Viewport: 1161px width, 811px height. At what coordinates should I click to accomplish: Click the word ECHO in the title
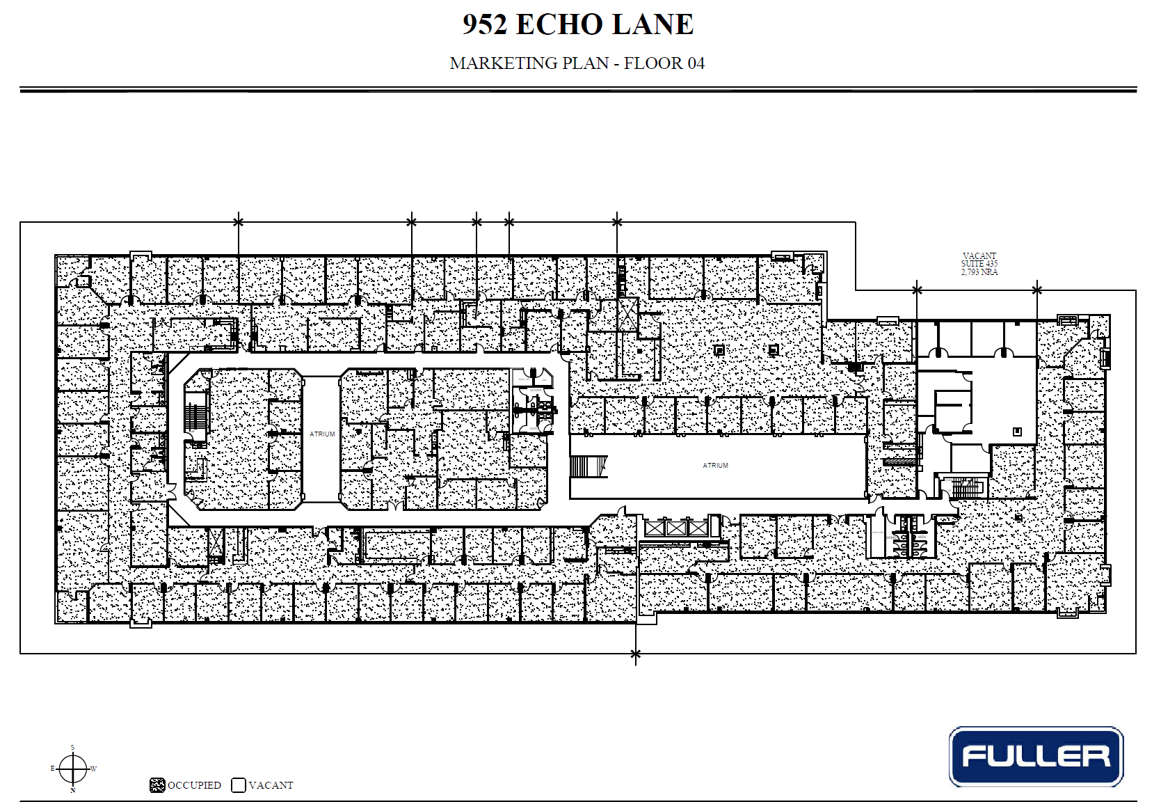(559, 24)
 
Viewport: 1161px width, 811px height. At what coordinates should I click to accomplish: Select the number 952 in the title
(485, 24)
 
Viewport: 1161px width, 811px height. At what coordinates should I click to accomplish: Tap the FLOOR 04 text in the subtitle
(664, 63)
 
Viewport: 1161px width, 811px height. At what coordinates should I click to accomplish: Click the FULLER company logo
(1036, 757)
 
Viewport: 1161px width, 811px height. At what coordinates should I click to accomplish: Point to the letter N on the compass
(72, 791)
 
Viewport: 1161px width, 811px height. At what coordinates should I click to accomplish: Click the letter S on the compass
(72, 748)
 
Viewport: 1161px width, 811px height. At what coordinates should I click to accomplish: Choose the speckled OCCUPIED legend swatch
(157, 785)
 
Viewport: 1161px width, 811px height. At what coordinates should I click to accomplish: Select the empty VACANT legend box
(239, 785)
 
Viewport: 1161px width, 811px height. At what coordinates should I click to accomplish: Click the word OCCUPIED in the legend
(194, 785)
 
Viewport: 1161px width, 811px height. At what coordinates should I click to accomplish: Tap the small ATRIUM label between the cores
(322, 434)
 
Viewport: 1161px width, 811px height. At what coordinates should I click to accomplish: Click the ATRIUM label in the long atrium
(715, 465)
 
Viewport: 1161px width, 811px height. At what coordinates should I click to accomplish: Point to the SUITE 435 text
(979, 264)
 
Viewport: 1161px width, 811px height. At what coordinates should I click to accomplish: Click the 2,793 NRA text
(979, 272)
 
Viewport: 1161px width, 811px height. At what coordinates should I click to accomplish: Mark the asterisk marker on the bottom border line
(635, 654)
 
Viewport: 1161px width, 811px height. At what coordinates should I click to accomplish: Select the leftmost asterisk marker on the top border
(239, 222)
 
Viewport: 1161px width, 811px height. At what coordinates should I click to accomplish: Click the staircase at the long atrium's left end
(588, 466)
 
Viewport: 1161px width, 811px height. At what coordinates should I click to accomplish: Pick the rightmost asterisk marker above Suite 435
(1036, 290)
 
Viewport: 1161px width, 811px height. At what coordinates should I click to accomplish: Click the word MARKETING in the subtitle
(495, 63)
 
